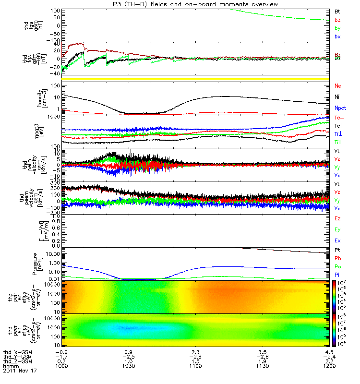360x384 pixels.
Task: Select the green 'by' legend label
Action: pos(337,28)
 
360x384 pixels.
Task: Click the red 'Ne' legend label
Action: pos(338,86)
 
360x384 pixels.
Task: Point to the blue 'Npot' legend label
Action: pos(339,109)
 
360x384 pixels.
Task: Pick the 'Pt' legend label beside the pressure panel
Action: pos(337,251)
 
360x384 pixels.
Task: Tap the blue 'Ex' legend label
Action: pos(337,241)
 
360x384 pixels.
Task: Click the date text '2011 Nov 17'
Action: pos(20,371)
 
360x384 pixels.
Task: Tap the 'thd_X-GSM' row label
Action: pos(17,352)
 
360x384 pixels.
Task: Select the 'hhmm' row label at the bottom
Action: pos(10,366)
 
